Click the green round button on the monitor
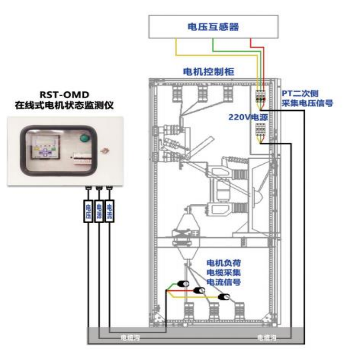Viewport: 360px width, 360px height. point(83,138)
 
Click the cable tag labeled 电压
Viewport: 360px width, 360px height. point(88,210)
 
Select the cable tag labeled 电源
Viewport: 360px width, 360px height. point(99,210)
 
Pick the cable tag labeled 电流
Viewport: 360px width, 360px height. point(109,210)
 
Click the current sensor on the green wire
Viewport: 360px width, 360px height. point(183,283)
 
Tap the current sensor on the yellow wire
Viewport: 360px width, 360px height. point(224,297)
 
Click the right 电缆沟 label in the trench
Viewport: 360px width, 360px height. point(265,337)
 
